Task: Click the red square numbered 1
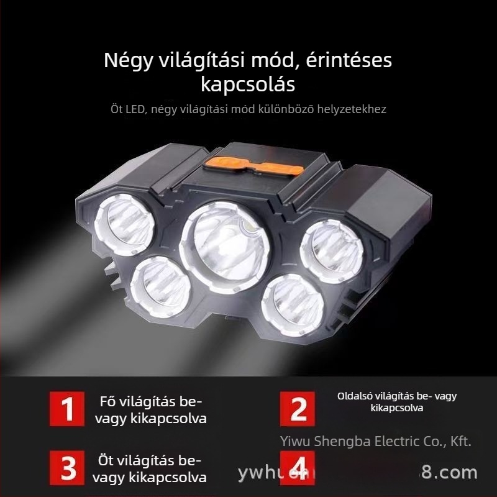[x=68, y=408]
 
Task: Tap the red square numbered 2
[x=298, y=408]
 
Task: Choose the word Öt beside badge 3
[x=106, y=461]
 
